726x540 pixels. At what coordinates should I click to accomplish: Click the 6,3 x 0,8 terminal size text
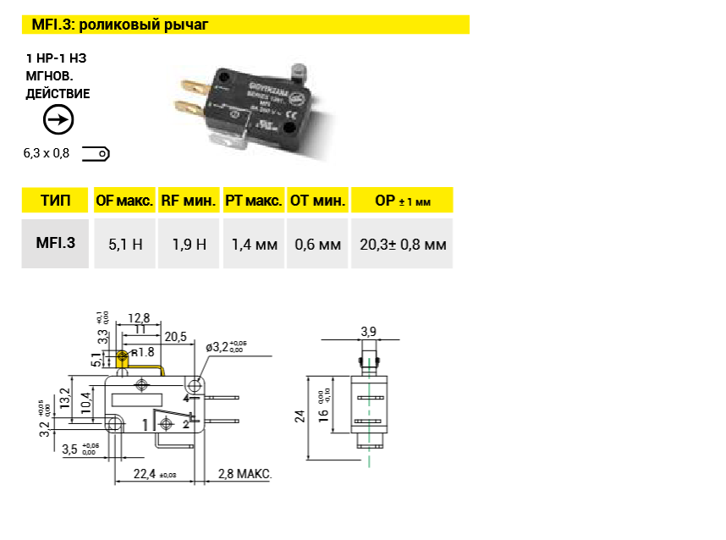click(x=47, y=154)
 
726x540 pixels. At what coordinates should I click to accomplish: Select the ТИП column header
click(x=55, y=201)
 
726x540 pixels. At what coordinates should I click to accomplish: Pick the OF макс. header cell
click(x=124, y=201)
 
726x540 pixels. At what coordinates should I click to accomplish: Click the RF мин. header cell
click(x=189, y=201)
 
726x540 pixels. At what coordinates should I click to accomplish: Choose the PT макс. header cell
click(x=253, y=201)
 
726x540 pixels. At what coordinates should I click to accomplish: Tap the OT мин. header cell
click(x=317, y=201)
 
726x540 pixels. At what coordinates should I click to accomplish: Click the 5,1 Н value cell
click(x=125, y=245)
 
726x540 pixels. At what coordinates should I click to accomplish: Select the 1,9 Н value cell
click(x=189, y=245)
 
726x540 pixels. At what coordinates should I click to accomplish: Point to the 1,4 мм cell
click(x=254, y=245)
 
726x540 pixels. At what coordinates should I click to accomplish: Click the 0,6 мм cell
click(x=317, y=245)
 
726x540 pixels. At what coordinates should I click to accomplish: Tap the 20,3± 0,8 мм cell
click(x=402, y=245)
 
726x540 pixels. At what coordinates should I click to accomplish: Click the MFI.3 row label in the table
click(x=55, y=243)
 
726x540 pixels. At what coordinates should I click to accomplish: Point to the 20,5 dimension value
click(x=175, y=337)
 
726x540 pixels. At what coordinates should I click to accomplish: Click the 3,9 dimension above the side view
click(x=368, y=330)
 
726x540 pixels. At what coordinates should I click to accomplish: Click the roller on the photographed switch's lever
click(x=299, y=74)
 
